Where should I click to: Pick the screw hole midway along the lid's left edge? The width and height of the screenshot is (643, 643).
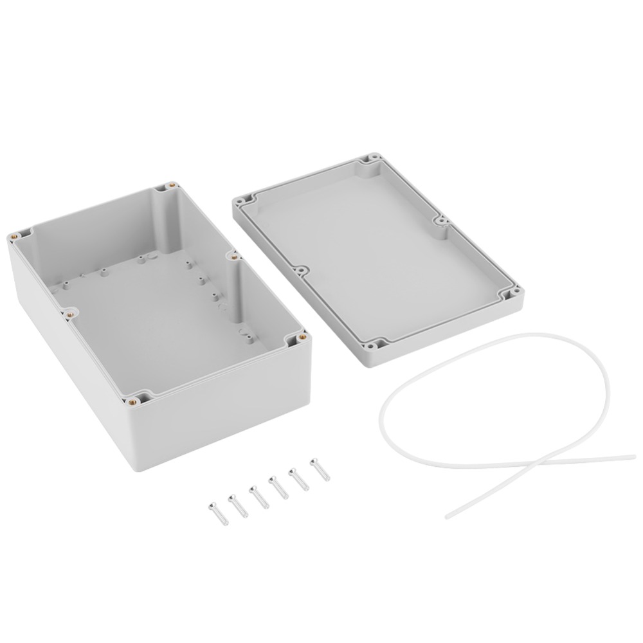300,271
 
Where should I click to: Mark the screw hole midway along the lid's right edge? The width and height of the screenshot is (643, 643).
442,222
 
